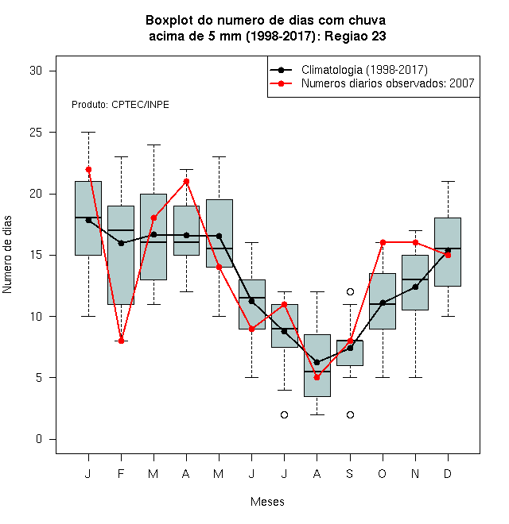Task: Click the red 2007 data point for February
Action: [121, 341]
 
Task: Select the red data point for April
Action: [187, 182]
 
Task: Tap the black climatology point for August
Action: [317, 362]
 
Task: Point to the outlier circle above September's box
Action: [350, 291]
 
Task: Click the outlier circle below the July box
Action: [284, 414]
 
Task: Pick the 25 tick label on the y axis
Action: [36, 133]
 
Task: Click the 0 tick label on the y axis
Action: [39, 439]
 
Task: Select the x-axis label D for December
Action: [448, 473]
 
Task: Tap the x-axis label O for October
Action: [383, 473]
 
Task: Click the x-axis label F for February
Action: [121, 473]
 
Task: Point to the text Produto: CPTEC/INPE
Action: [120, 105]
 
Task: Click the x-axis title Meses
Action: [267, 502]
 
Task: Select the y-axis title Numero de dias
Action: [7, 255]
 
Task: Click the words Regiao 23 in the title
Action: [356, 36]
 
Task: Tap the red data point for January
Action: [88, 169]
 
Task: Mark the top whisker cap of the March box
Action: [153, 145]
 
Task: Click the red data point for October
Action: [383, 242]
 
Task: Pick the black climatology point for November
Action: [416, 287]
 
